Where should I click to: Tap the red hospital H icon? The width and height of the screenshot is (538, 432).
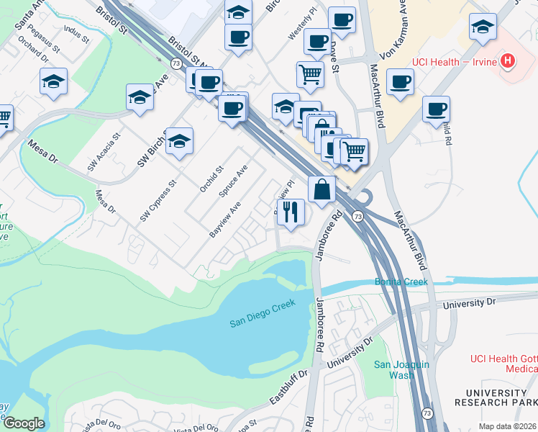(x=509, y=61)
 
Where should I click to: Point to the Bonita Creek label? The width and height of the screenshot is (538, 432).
(x=401, y=282)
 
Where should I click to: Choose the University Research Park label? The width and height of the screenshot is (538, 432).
(x=496, y=397)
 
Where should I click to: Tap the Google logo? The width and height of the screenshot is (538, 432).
(x=24, y=423)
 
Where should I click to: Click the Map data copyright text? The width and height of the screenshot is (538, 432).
(x=508, y=426)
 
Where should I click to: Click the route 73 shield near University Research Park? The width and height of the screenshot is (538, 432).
(x=427, y=413)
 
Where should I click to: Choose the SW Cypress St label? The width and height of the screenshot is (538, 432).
(x=158, y=201)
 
